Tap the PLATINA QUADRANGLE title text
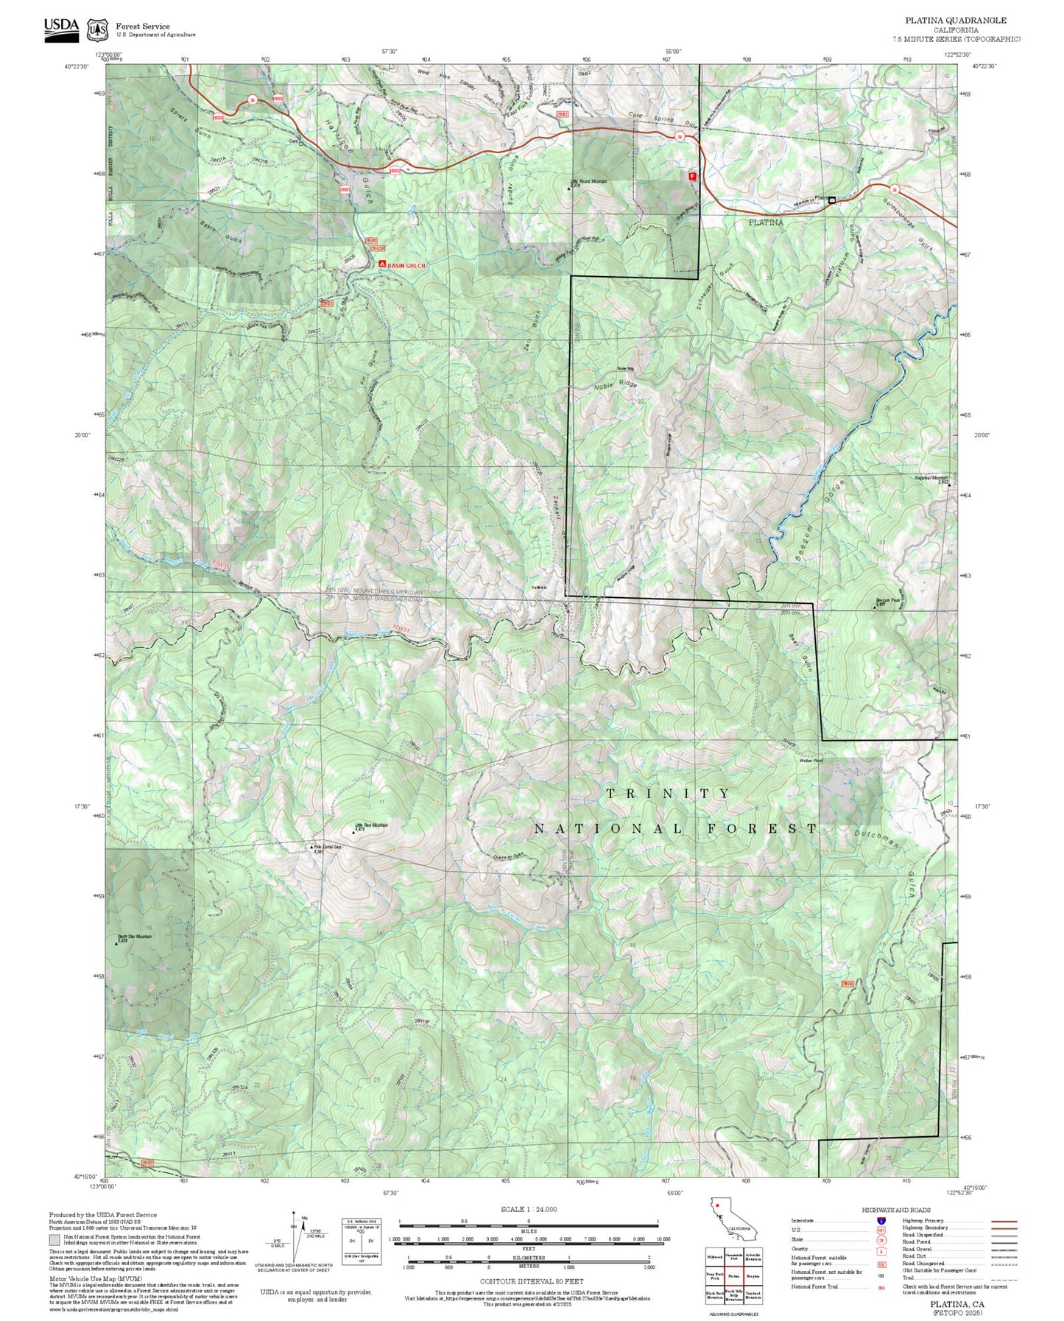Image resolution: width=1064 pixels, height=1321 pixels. click(956, 20)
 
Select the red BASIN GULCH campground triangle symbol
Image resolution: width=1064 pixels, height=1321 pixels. click(382, 264)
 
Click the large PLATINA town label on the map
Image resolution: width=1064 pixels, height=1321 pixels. click(766, 222)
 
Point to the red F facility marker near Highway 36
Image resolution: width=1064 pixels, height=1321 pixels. click(691, 176)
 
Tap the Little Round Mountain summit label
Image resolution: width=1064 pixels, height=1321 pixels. click(588, 181)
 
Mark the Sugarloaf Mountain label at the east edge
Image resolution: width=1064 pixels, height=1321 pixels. click(931, 479)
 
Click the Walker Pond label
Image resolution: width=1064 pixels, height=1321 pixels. click(811, 761)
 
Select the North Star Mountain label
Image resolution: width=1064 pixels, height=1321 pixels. click(134, 937)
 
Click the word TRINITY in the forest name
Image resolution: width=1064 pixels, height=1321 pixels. click(668, 793)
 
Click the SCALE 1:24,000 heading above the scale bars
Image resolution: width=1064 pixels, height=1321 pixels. click(528, 1209)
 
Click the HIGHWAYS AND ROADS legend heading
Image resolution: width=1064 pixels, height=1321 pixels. click(895, 1210)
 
